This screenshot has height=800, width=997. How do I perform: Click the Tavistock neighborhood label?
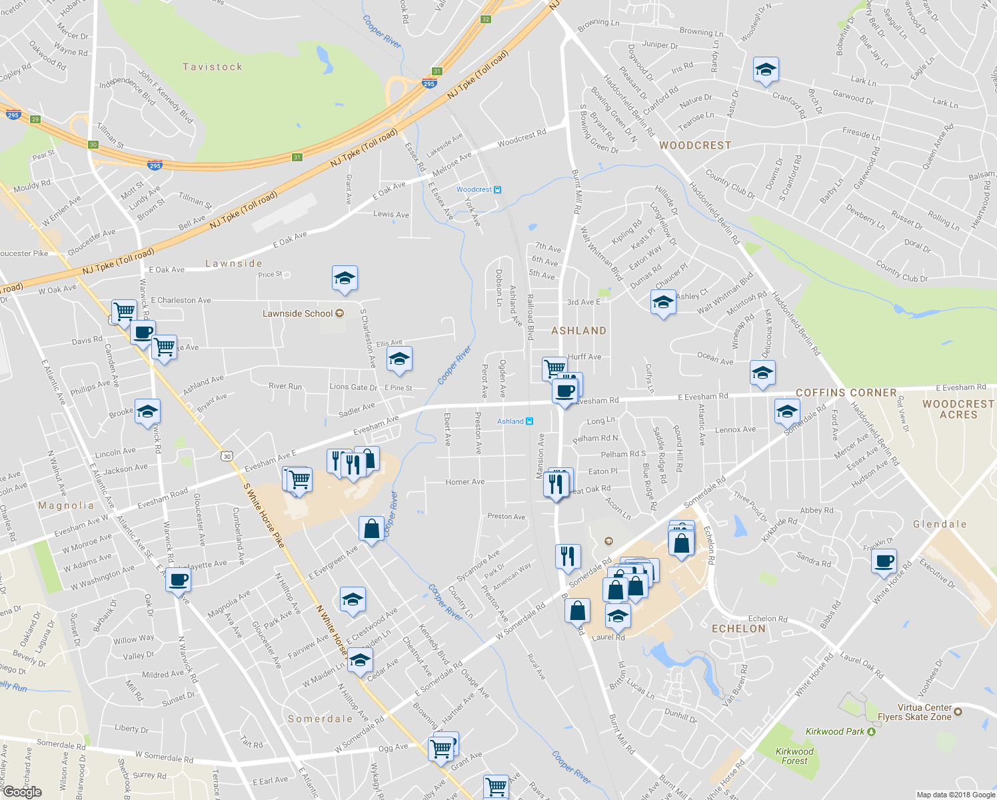click(x=213, y=67)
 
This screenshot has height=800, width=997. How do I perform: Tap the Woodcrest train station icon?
click(x=497, y=190)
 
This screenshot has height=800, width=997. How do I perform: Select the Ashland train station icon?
click(x=529, y=421)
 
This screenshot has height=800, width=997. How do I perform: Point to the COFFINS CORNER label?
click(x=846, y=393)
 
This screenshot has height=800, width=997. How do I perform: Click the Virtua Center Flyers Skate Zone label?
click(x=914, y=712)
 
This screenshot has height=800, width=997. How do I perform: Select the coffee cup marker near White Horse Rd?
click(x=884, y=562)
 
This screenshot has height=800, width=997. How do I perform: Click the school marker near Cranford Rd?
click(x=766, y=70)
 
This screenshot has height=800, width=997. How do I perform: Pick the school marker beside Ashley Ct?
click(x=662, y=303)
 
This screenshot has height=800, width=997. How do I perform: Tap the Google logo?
click(x=22, y=792)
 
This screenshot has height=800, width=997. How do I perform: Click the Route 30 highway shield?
click(x=227, y=456)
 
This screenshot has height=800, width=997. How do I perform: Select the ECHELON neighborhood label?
click(x=738, y=629)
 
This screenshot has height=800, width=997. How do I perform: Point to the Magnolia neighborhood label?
click(x=66, y=505)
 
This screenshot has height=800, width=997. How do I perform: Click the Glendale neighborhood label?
click(x=940, y=524)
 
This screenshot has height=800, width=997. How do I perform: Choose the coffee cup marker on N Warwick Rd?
click(x=178, y=580)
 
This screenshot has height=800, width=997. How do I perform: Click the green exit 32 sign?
click(x=485, y=19)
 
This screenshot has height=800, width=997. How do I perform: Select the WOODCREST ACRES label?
click(x=958, y=409)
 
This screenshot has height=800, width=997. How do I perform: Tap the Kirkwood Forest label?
click(x=794, y=756)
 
